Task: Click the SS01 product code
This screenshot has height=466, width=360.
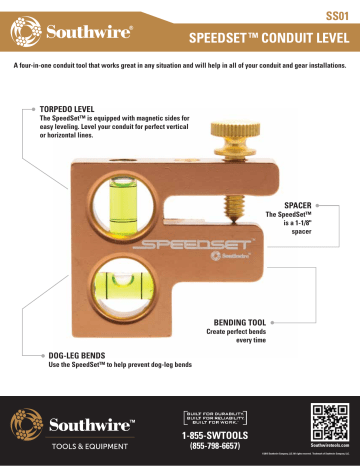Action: pos(338,16)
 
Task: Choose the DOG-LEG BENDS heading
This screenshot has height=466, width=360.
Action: pos(80,354)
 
